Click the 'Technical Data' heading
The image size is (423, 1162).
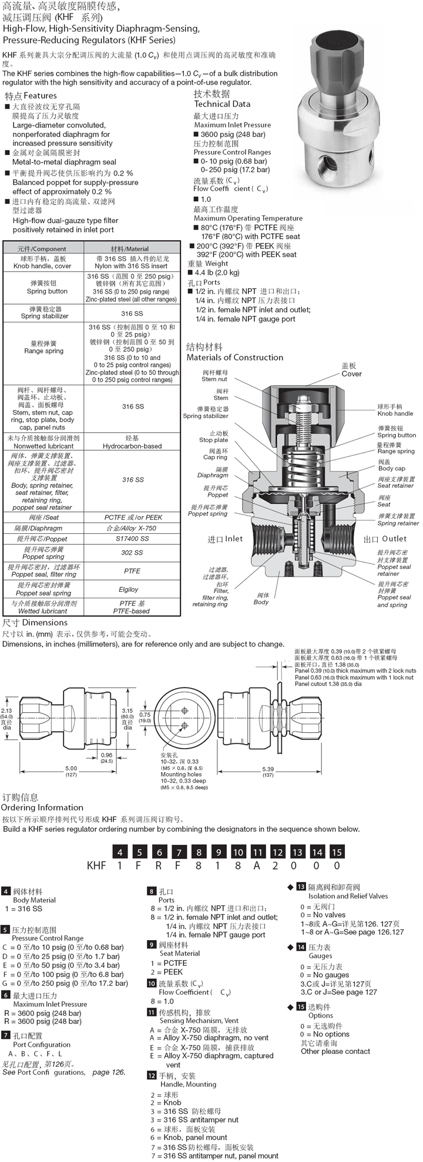(222, 104)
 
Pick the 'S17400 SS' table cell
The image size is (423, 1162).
(132, 538)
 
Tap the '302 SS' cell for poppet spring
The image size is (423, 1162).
(132, 553)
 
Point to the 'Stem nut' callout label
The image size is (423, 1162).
(215, 379)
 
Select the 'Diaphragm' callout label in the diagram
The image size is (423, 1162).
(213, 476)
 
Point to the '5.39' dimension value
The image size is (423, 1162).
(267, 769)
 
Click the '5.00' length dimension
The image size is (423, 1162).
(71, 769)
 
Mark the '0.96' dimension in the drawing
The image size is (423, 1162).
(106, 755)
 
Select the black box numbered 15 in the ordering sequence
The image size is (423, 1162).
(337, 852)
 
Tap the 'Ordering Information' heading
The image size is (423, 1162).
(43, 808)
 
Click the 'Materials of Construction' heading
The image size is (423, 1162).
(234, 357)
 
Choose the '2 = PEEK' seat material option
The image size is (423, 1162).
(167, 972)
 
